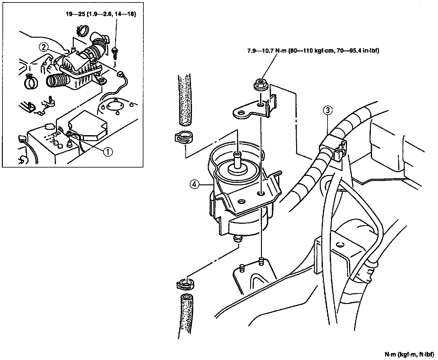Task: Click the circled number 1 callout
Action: click(108, 152)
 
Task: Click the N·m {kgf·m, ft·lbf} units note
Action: click(409, 354)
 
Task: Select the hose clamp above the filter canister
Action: click(183, 137)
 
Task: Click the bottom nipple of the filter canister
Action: click(237, 239)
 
